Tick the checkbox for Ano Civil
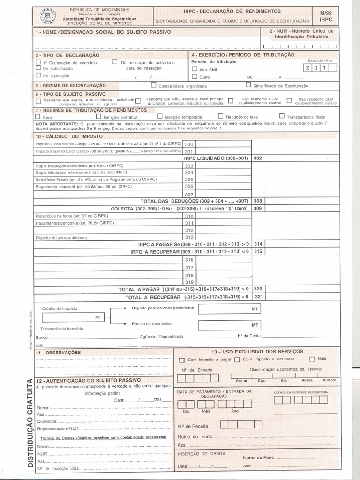(195, 69)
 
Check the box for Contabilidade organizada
(153, 85)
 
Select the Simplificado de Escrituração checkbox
(248, 85)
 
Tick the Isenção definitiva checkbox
(98, 116)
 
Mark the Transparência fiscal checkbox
(282, 116)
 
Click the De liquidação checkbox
(38, 75)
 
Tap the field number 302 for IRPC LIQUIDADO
(258, 158)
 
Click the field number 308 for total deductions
(258, 201)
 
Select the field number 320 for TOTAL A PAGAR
(258, 289)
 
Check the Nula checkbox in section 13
(312, 359)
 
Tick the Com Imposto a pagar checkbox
(181, 360)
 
